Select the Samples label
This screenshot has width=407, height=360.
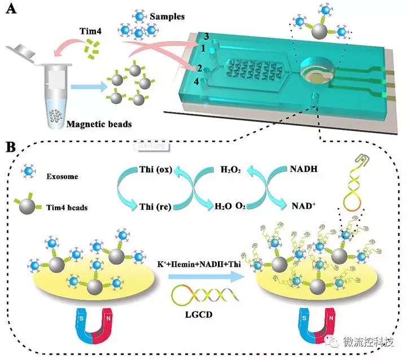[168, 16]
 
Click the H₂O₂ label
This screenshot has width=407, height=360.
[230, 169]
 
